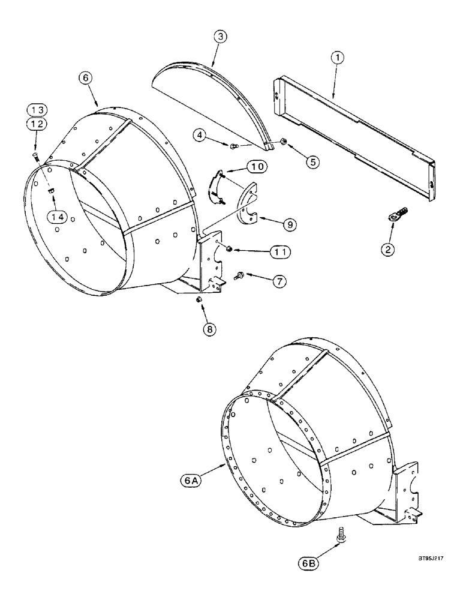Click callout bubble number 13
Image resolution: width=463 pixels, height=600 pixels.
(35, 110)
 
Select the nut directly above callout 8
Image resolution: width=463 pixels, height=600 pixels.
(199, 299)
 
